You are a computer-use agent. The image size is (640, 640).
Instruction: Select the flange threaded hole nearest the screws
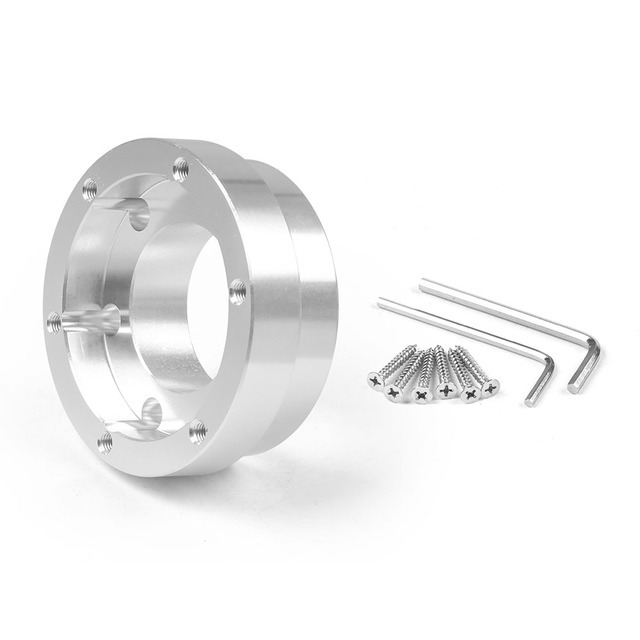237,290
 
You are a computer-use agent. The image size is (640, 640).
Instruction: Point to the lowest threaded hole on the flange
105,440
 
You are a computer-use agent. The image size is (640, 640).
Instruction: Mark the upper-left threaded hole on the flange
89,185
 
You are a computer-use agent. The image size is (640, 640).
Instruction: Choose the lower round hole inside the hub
150,410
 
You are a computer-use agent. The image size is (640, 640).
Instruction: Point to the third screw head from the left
420,391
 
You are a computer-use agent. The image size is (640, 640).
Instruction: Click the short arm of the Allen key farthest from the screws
584,365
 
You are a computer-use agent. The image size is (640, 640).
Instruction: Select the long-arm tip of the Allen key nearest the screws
382,299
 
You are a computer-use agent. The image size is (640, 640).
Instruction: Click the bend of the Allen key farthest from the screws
596,345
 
